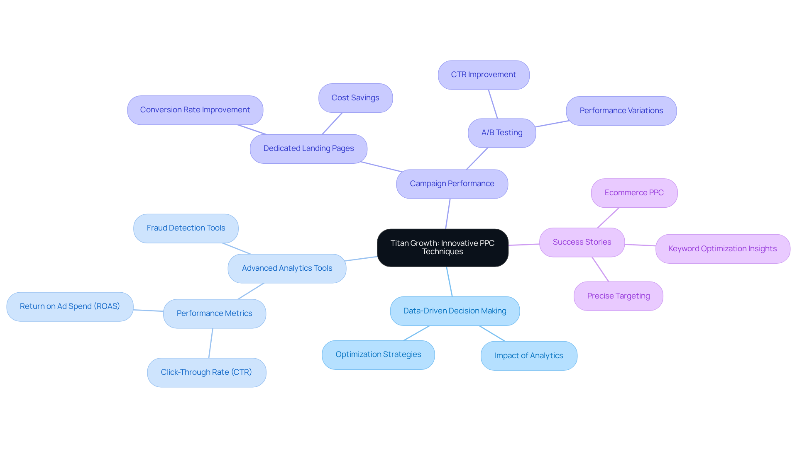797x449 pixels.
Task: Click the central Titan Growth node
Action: point(443,248)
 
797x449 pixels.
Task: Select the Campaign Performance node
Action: point(452,184)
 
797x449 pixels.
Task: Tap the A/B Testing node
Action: point(502,133)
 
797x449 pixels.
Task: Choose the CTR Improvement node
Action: point(483,75)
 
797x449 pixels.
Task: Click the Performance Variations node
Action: point(621,111)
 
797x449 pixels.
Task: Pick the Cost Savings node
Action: point(355,98)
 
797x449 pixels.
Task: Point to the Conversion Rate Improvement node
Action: point(195,110)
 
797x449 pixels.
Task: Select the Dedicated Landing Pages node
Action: point(308,148)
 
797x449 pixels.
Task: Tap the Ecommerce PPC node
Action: point(634,193)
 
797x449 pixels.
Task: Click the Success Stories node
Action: point(582,242)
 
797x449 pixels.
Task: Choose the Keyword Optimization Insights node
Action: point(722,249)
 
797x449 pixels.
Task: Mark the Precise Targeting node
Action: point(618,296)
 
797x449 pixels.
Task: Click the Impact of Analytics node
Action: point(528,356)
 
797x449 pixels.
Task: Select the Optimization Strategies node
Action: point(378,354)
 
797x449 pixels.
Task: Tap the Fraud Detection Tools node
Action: point(186,228)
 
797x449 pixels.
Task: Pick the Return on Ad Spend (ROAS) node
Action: point(70,306)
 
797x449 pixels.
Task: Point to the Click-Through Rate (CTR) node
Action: point(206,372)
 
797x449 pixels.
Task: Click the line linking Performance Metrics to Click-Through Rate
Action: point(211,343)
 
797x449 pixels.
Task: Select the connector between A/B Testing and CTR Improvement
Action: point(493,104)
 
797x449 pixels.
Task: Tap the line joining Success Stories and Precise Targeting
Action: point(600,269)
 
